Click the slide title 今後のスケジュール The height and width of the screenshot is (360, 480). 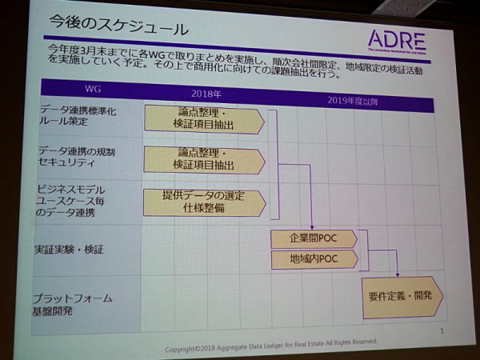pos(118,30)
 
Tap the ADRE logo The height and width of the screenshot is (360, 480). pos(397,41)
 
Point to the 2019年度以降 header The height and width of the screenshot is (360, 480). pos(354,101)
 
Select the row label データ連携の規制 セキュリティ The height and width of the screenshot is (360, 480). pos(78,156)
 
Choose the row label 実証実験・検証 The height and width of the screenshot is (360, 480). pos(70,250)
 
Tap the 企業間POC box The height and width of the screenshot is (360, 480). pos(314,238)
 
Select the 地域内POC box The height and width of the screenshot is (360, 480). pos(314,259)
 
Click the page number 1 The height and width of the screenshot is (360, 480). pos(442,330)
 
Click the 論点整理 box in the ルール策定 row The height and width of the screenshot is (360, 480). pos(204,120)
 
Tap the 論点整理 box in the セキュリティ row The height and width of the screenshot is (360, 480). pos(204,159)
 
